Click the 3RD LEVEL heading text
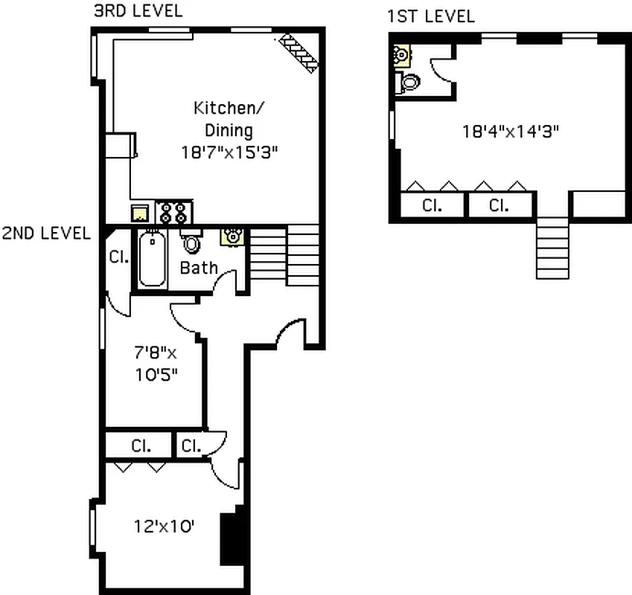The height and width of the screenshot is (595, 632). pos(138,11)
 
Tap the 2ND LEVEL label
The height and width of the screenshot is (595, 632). pos(46,233)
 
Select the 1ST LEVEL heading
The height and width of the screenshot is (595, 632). pos(430,16)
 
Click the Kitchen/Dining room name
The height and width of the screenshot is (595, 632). pos(229,118)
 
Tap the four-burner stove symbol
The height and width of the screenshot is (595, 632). pos(173,213)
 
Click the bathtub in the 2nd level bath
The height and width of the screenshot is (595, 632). pos(152,260)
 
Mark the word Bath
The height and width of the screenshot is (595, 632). pos(199,268)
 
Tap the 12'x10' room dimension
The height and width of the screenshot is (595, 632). pos(165,527)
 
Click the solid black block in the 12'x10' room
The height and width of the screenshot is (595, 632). pos(232,536)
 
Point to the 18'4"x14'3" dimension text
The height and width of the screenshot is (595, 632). pos(510,132)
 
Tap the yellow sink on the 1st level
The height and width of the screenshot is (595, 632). pos(401,54)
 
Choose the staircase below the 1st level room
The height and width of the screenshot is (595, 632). pos(552,248)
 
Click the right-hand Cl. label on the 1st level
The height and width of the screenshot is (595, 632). pos(499,205)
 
